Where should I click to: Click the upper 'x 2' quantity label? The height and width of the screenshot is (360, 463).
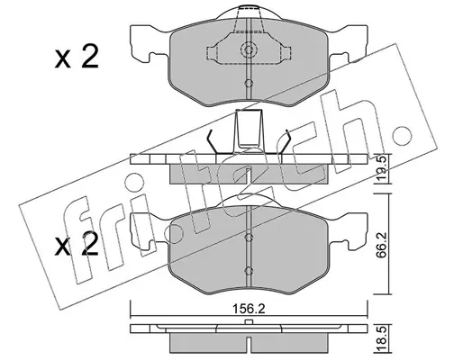(77, 58)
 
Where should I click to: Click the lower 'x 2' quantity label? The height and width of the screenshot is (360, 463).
(77, 245)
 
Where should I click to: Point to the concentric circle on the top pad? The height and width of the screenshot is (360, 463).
(249, 49)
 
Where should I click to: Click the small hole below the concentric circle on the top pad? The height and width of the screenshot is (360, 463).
(249, 84)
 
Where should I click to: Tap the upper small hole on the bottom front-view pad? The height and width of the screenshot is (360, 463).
(249, 238)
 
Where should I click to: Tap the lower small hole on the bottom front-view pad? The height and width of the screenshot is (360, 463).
(249, 271)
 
